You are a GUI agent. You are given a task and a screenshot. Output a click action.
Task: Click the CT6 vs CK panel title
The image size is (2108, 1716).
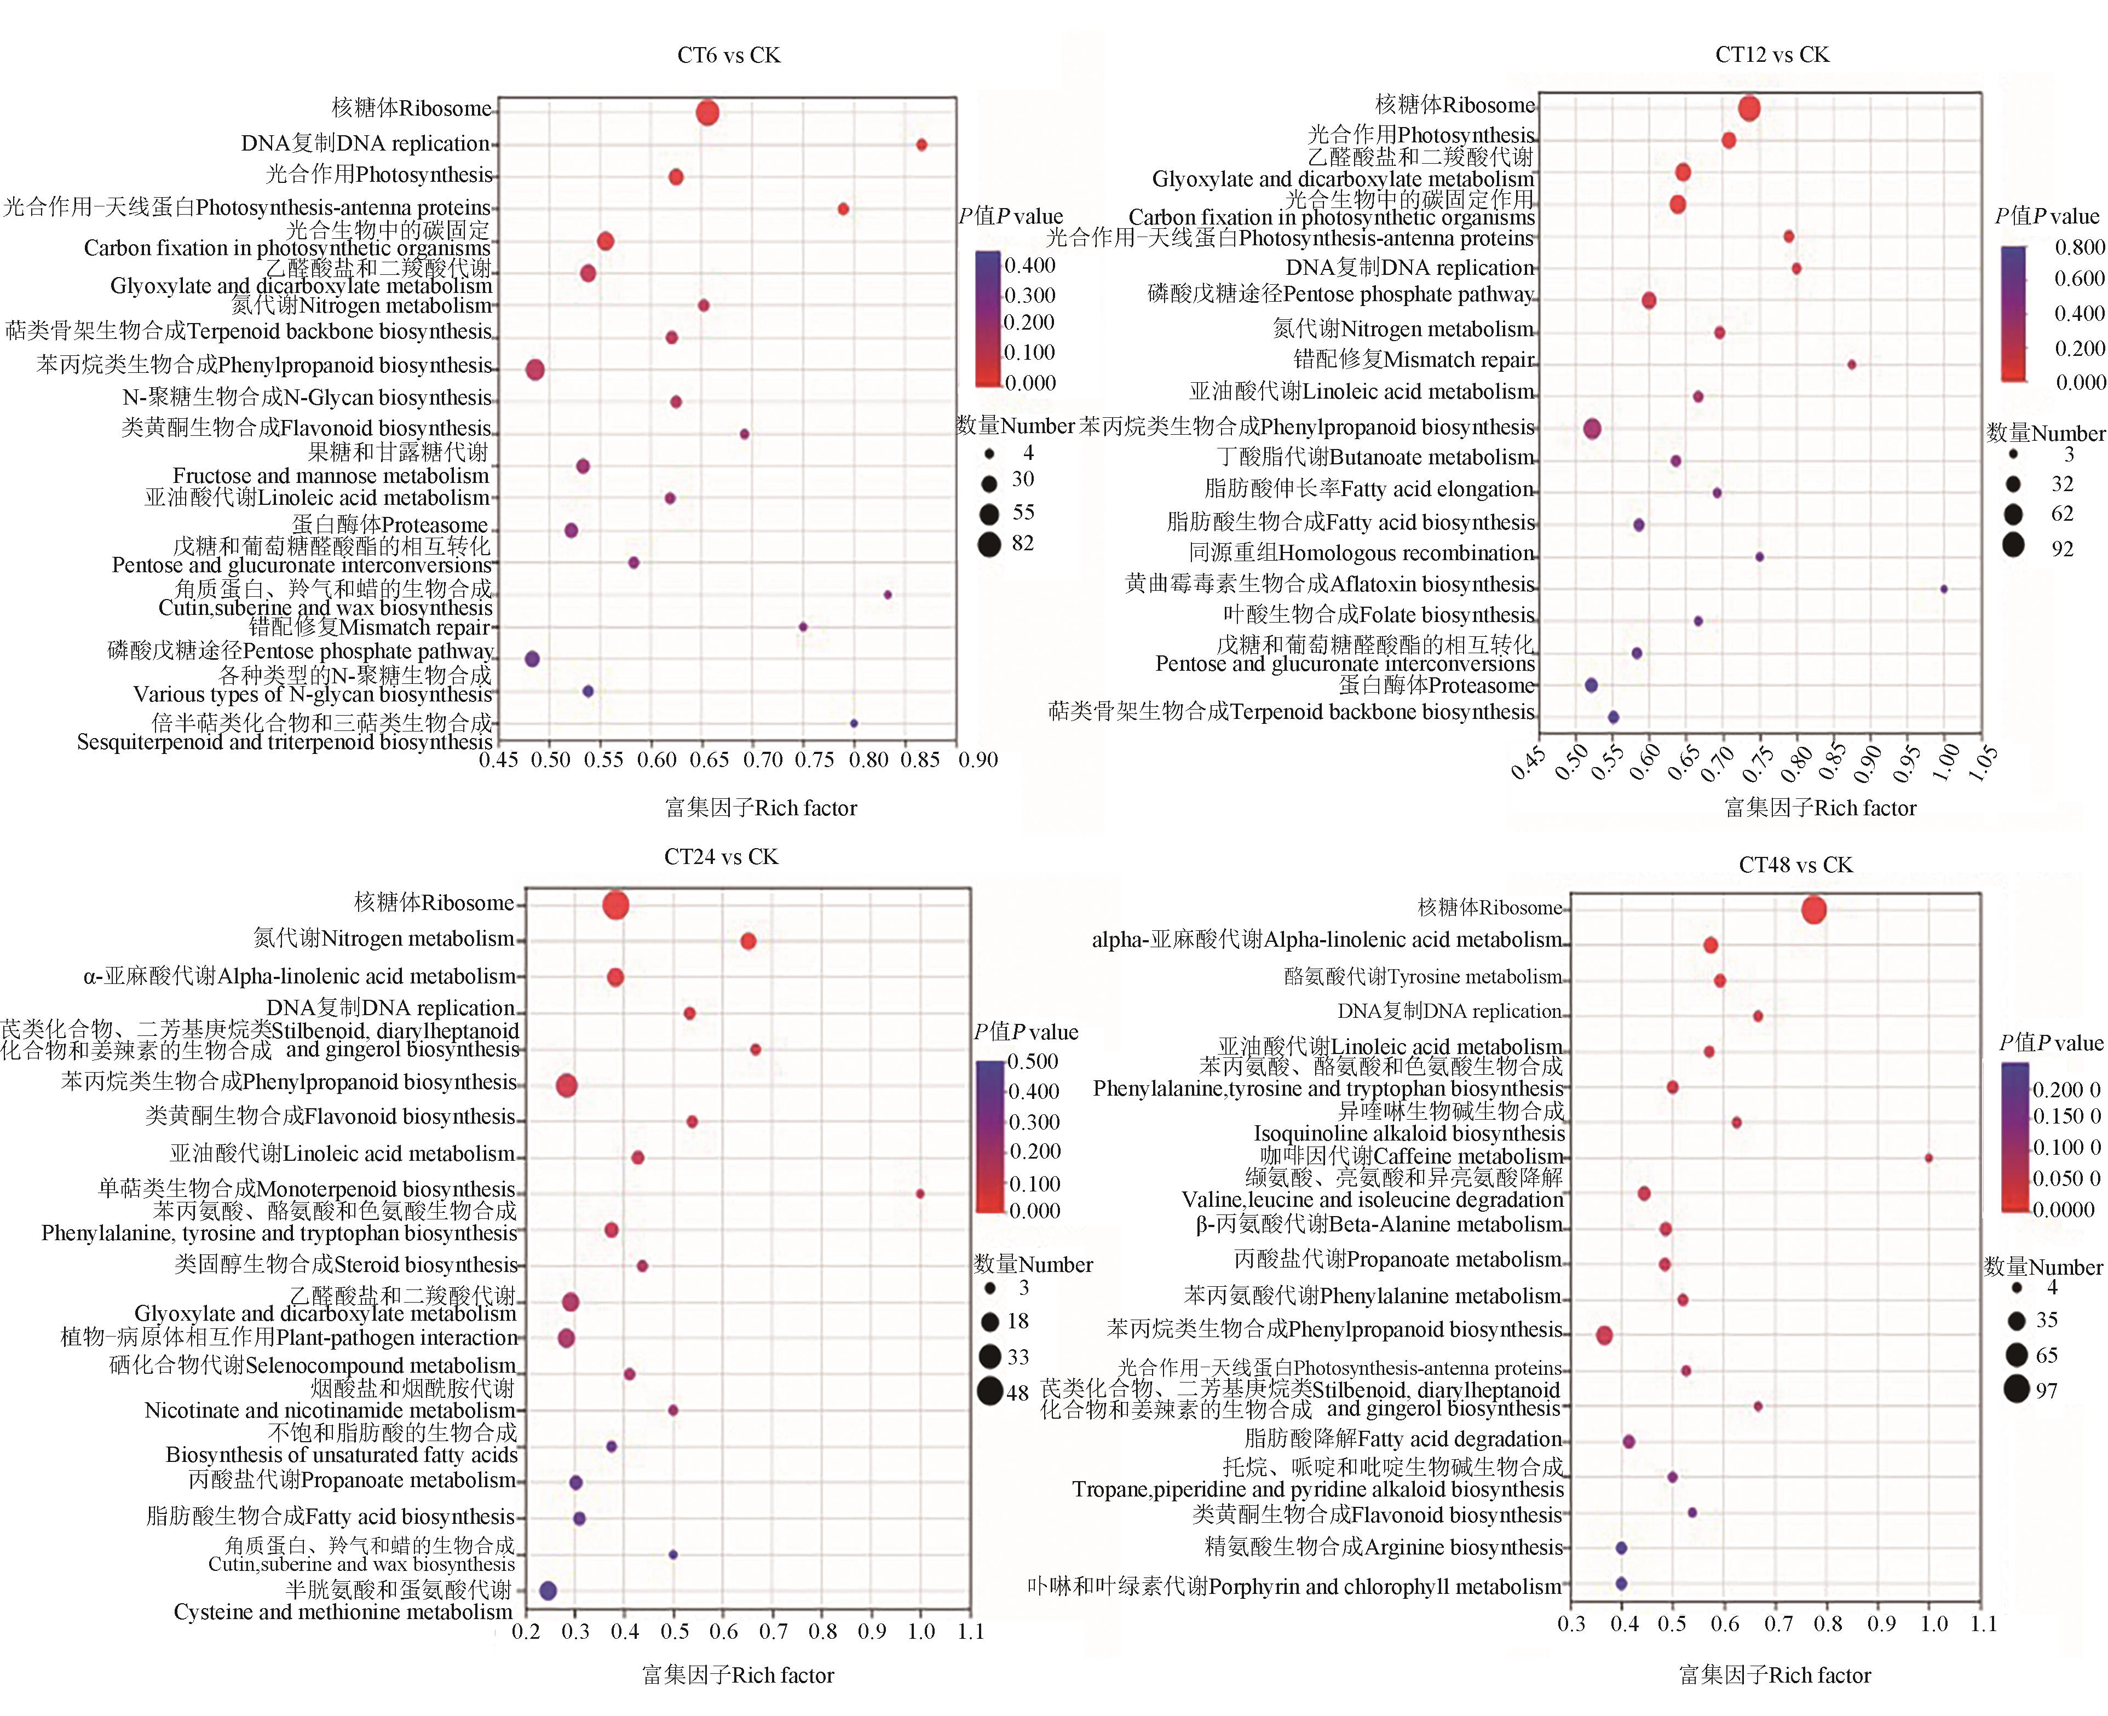pos(728,55)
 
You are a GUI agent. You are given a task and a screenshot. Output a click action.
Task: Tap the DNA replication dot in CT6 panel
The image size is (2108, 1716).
pos(921,145)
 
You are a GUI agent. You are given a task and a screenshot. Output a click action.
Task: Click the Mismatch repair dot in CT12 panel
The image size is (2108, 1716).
pos(1851,365)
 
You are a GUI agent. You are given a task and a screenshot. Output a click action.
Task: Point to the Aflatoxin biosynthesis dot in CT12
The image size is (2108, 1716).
pos(1943,589)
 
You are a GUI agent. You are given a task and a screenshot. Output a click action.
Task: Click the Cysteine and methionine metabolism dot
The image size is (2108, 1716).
pos(549,1591)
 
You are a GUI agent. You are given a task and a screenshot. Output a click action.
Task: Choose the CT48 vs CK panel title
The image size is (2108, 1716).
pos(1796,865)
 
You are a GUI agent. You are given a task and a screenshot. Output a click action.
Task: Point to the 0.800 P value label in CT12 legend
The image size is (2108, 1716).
pos(2080,247)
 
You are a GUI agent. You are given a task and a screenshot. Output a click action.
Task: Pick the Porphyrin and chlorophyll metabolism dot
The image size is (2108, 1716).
pos(1621,1583)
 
